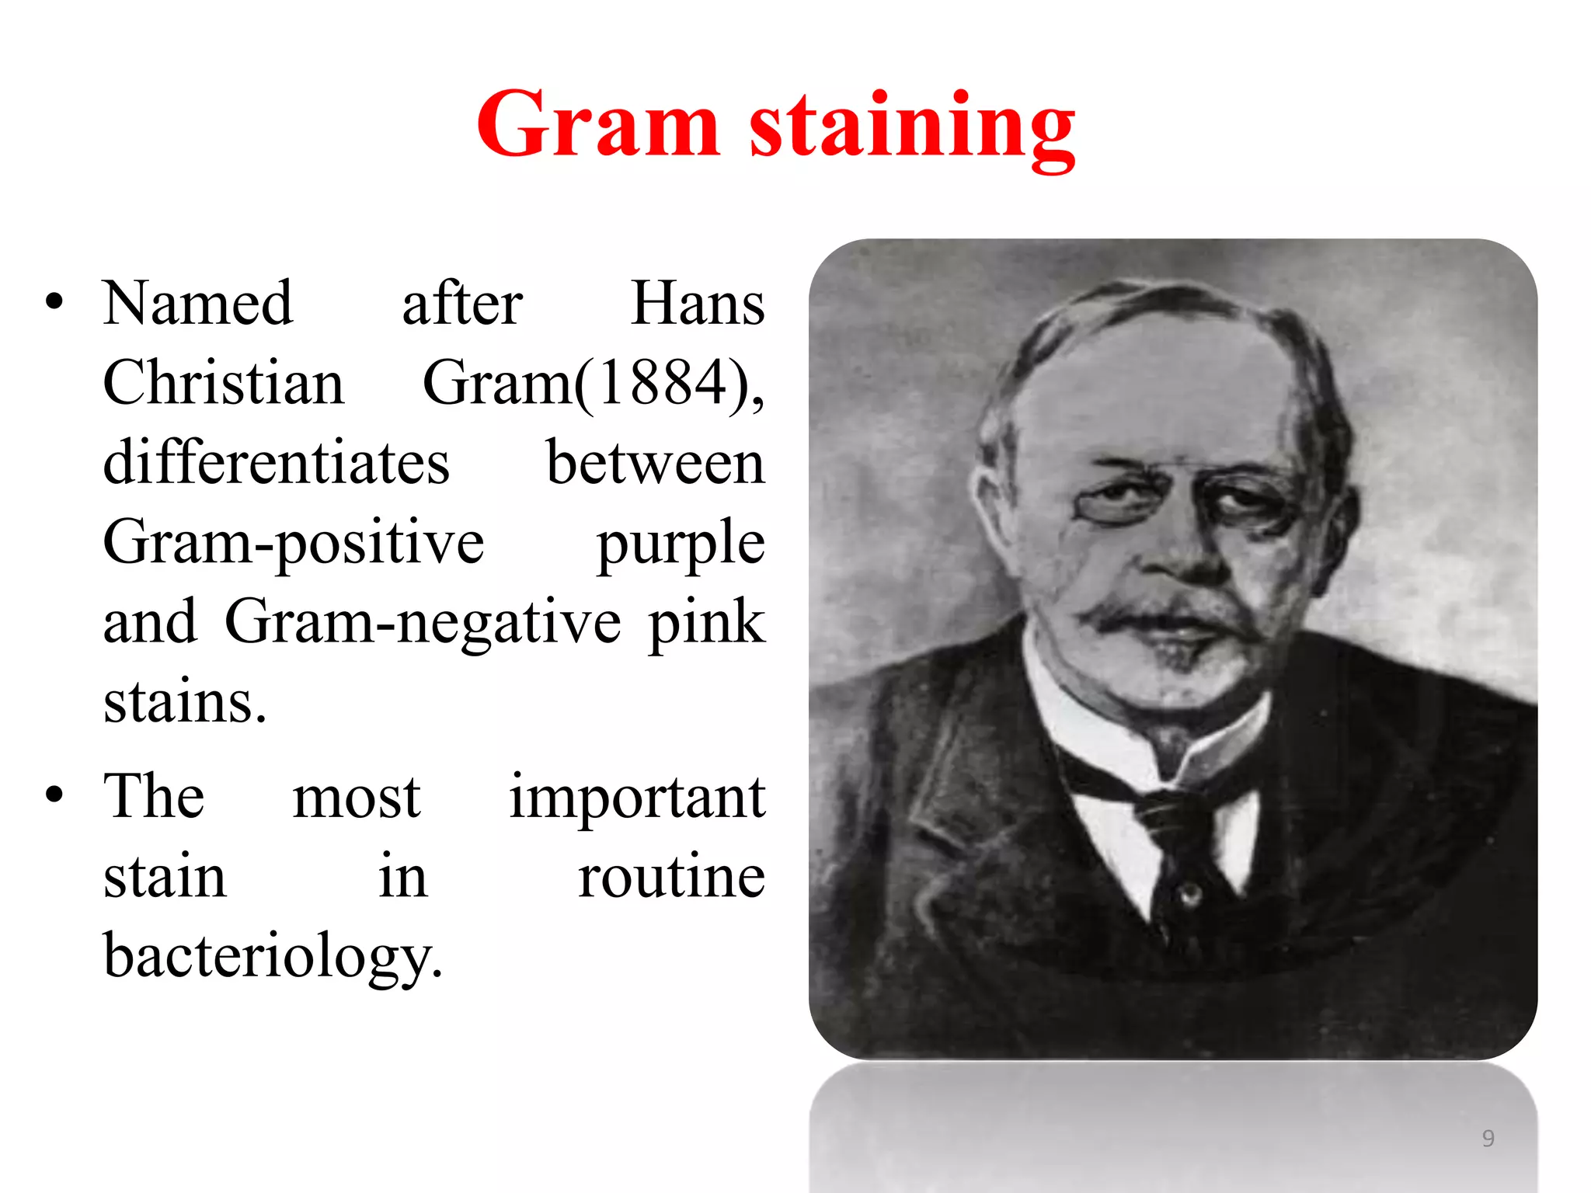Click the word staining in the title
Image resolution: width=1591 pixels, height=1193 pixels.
[912, 128]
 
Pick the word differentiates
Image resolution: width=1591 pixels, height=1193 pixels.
[277, 463]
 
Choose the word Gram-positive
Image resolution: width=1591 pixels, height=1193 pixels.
[294, 544]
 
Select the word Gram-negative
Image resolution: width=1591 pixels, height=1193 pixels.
[423, 623]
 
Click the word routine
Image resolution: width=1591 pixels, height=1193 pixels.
[671, 878]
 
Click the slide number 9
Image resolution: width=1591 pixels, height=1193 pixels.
[1488, 1138]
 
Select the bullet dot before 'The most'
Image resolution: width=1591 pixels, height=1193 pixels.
[54, 795]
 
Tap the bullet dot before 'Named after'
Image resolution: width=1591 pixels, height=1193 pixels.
[54, 301]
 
